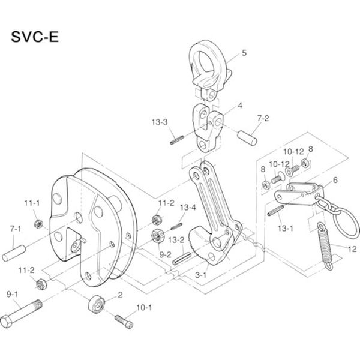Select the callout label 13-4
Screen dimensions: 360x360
point(188,208)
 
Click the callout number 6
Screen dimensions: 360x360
point(335,179)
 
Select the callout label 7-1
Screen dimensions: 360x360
point(15,229)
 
